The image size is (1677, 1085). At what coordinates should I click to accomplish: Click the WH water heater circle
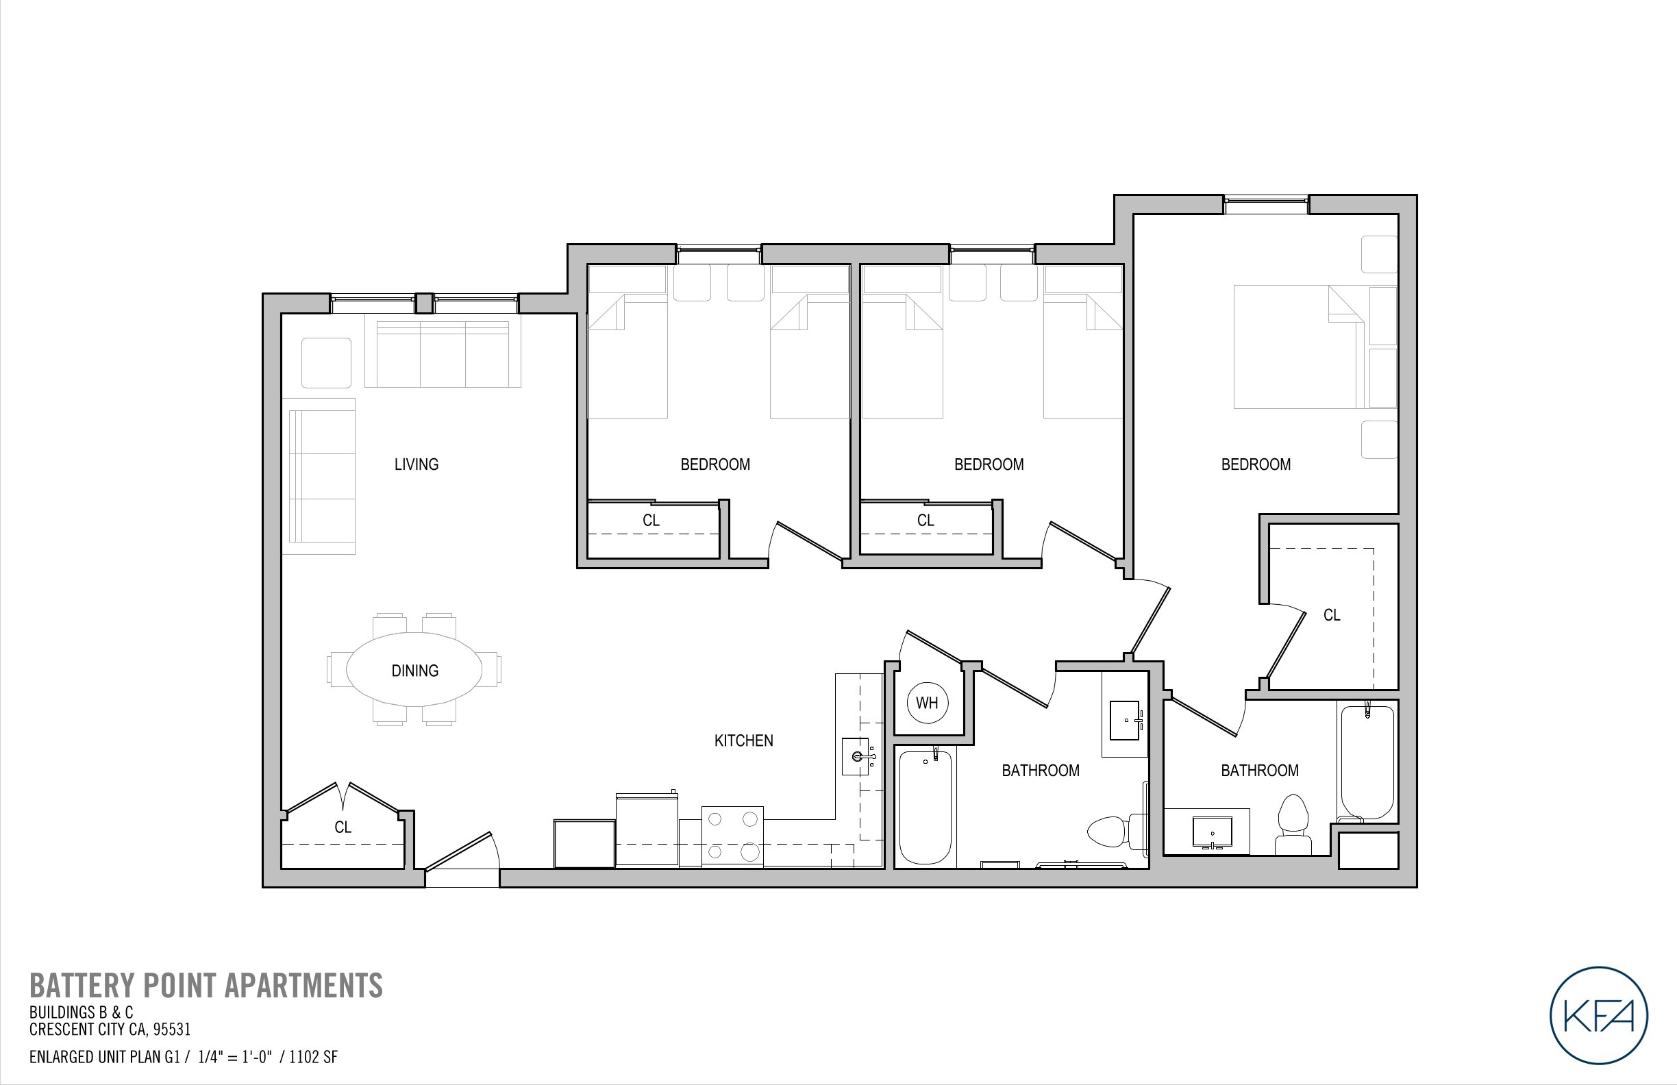pos(927,702)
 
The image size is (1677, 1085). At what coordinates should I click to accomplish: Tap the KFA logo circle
pos(1599,1014)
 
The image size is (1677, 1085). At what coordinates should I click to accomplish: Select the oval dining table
pos(414,669)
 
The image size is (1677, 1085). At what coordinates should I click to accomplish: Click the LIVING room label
pos(416,464)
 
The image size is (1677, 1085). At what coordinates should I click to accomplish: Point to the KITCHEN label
pos(743,740)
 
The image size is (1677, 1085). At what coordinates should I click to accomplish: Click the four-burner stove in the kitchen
pos(732,836)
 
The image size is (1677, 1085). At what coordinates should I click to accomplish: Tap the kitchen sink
pos(858,757)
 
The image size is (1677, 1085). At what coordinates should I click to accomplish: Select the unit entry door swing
pos(460,853)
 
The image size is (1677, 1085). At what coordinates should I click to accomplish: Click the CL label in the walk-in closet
pos(1331,615)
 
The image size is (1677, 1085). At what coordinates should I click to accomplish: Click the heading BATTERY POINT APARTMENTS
pos(206,986)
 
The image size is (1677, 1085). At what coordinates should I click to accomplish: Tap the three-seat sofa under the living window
pos(443,353)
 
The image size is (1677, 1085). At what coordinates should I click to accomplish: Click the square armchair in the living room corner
pos(326,362)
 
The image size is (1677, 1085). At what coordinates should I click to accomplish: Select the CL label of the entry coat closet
pos(343,827)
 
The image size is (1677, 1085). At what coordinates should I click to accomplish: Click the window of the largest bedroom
pos(1265,204)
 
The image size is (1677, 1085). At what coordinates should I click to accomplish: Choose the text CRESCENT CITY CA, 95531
pos(110,1030)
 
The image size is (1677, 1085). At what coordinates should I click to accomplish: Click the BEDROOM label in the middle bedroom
pos(989,464)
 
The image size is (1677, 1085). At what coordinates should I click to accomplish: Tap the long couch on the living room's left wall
pos(320,477)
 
